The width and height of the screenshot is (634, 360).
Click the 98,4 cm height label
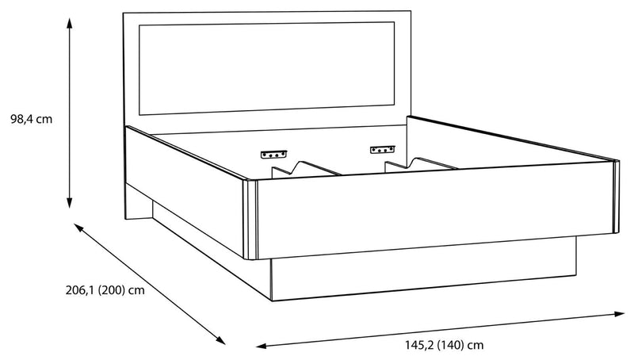pos(32,119)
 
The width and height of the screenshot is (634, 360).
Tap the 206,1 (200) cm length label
pos(105,290)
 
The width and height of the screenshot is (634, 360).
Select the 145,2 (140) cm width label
pos(444,345)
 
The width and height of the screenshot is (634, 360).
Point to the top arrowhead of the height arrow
pos(70,24)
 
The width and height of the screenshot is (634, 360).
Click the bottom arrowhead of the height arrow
pos(70,203)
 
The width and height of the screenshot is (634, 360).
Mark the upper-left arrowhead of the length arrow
pos(78,228)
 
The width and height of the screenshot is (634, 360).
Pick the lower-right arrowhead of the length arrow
pos(220,340)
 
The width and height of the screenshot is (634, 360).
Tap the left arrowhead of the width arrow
pos(262,346)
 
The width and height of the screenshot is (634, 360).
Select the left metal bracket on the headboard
pos(273,154)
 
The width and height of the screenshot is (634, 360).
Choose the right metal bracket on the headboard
pos(383,150)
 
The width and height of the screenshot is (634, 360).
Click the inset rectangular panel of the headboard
pos(267,68)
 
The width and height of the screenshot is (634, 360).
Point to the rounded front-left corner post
pos(250,220)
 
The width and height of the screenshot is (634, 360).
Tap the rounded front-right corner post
pos(617,197)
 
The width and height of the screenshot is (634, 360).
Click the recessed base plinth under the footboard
pos(424,269)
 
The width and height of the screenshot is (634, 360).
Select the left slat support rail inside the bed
pos(307,169)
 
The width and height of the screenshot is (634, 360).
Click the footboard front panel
pos(435,209)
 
